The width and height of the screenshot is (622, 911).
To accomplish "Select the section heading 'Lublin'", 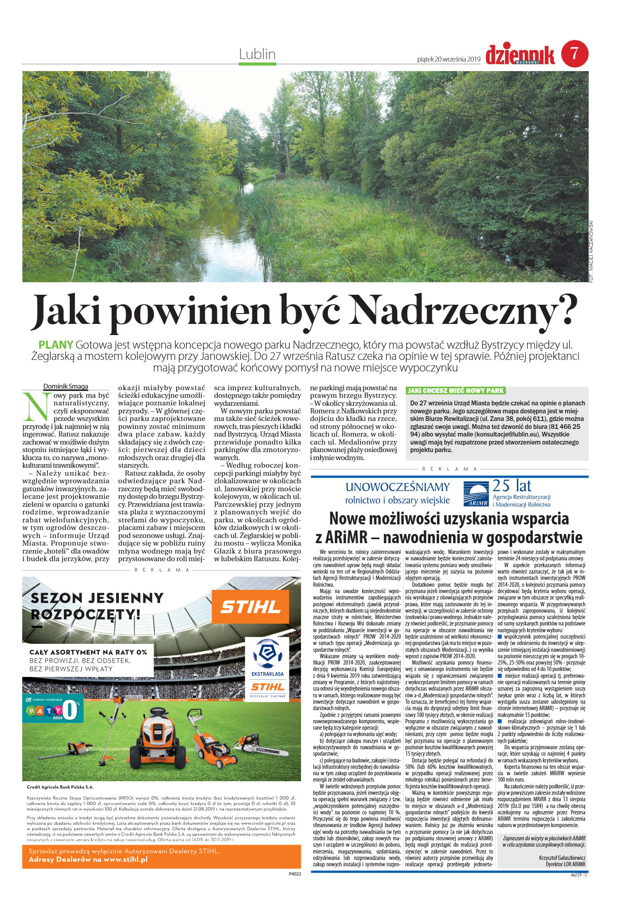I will (x=257, y=54).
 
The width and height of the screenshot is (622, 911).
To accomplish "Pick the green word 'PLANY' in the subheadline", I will (x=56, y=344).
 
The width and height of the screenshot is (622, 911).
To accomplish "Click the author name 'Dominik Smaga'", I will (x=66, y=386).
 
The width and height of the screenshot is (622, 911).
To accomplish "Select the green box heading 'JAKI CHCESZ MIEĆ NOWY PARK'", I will (x=455, y=390).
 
